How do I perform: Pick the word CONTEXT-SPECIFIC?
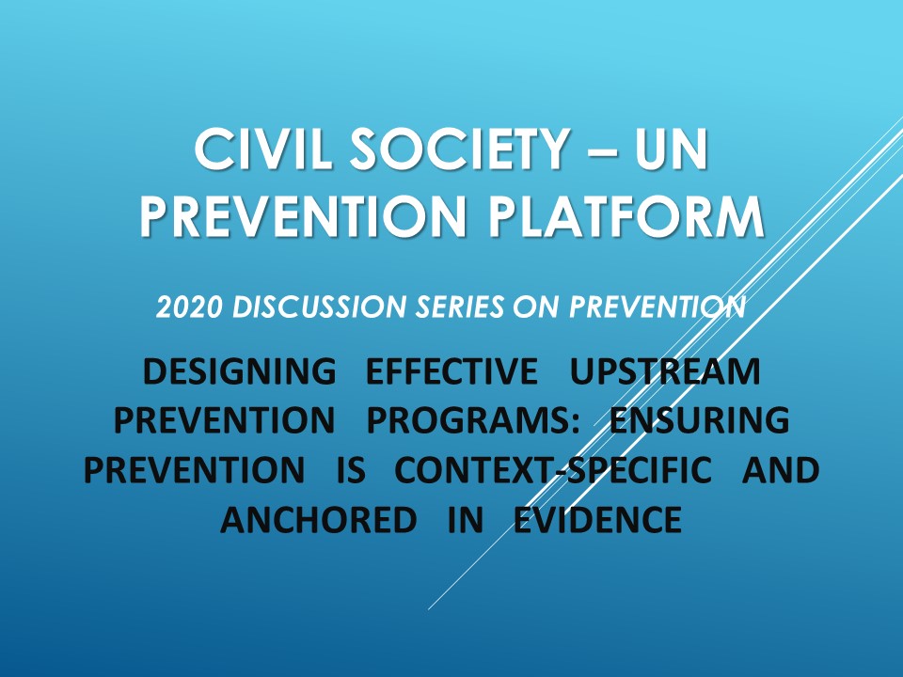(x=553, y=470)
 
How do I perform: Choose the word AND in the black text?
(x=781, y=470)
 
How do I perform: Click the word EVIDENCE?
(x=597, y=519)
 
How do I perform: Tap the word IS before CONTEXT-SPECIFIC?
(x=349, y=470)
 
